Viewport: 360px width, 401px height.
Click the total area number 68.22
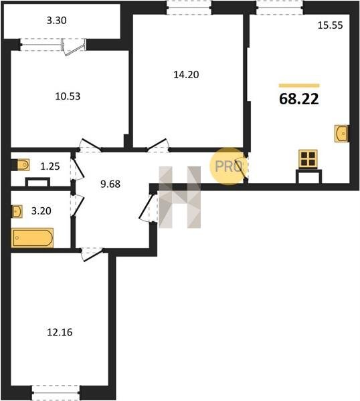click(299, 99)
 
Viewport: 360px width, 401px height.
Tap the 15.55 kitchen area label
click(330, 25)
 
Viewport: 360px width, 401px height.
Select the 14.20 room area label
click(186, 75)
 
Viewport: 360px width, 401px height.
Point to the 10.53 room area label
click(68, 96)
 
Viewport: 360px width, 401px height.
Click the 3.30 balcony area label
click(57, 21)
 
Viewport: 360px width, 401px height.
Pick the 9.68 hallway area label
click(110, 184)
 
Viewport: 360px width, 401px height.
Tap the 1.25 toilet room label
click(50, 166)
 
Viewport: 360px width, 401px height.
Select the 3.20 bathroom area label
click(41, 211)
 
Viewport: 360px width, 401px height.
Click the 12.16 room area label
click(60, 332)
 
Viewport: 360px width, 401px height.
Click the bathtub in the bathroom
click(32, 238)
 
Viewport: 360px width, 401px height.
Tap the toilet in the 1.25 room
click(23, 165)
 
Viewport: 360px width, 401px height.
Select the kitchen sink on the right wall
click(341, 133)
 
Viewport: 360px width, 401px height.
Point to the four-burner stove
click(308, 159)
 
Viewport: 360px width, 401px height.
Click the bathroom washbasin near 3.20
click(17, 211)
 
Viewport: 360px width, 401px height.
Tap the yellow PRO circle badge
click(228, 166)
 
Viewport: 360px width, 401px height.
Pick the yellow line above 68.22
click(299, 86)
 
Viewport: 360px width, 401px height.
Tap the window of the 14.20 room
click(189, 7)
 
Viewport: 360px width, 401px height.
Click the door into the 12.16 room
click(92, 254)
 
